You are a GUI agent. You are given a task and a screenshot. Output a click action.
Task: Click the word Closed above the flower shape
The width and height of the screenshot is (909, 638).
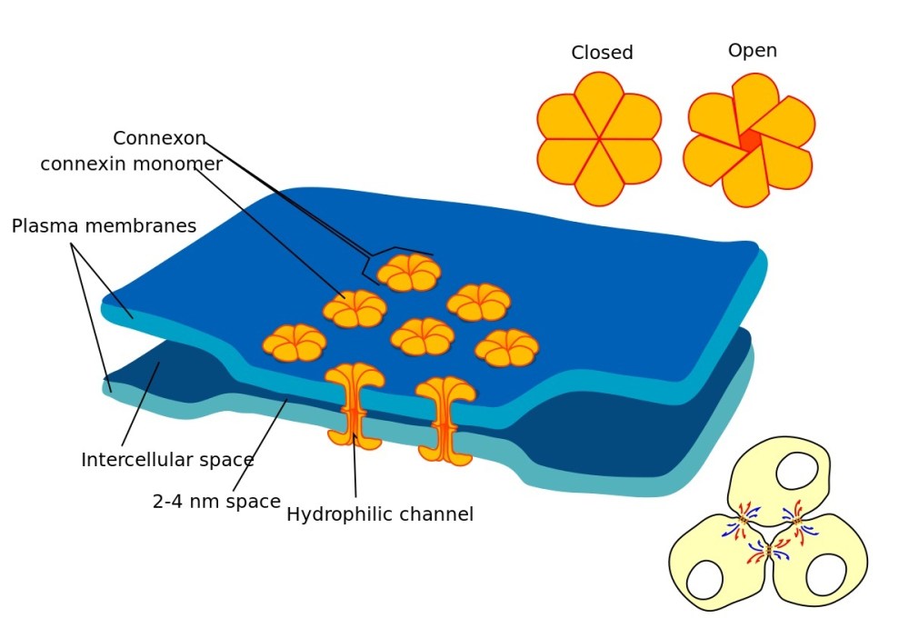[x=602, y=53]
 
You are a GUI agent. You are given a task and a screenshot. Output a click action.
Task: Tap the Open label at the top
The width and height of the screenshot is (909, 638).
[x=752, y=51]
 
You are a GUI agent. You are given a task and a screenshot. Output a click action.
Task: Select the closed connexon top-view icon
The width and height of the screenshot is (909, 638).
[x=599, y=139]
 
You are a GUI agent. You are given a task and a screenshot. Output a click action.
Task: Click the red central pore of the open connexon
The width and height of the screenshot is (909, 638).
[x=750, y=141]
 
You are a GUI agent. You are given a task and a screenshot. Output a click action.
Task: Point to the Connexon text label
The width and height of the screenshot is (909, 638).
[x=159, y=138]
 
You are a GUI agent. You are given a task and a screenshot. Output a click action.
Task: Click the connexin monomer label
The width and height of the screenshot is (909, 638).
[x=131, y=164]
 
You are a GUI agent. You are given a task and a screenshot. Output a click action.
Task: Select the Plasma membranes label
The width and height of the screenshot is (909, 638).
[x=104, y=226]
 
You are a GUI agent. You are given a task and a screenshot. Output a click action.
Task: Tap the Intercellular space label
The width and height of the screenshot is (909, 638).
[x=167, y=460]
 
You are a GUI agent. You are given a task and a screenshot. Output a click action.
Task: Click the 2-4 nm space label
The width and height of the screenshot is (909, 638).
[x=216, y=502]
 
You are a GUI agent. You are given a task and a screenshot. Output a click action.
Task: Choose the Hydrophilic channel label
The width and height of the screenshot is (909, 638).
[x=380, y=514]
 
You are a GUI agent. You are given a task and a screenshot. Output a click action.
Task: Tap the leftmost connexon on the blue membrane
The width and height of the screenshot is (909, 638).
[x=295, y=344]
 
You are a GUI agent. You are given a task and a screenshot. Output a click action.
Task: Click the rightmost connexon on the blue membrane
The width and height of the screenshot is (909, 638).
[x=506, y=348]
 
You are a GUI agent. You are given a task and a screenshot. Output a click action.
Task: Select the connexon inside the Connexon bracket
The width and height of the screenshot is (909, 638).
[x=409, y=273]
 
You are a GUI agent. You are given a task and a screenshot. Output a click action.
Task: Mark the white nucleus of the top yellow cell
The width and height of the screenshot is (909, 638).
[x=796, y=471]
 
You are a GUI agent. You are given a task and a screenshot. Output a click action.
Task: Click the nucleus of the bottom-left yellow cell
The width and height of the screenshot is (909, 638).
[x=705, y=580]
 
